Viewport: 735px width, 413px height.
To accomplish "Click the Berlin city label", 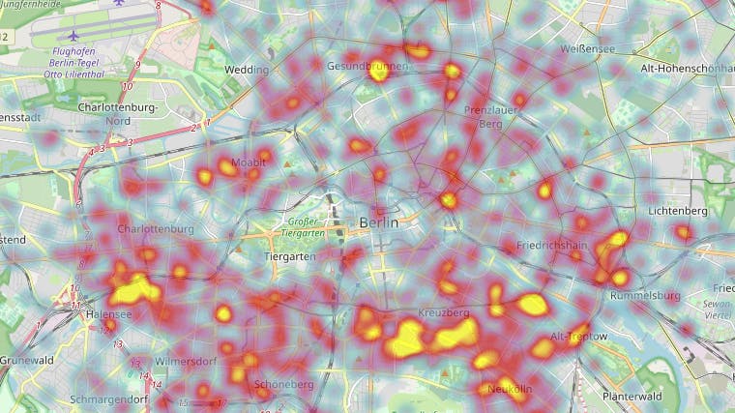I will tap(378, 222).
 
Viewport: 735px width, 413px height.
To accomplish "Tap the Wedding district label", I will tap(246, 71).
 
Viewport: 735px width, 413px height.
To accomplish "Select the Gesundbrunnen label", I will tap(367, 66).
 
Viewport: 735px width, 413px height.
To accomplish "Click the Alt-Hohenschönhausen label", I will tap(687, 69).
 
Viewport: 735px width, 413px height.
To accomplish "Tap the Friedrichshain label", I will tap(552, 247).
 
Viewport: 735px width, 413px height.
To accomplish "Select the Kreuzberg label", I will tap(444, 314).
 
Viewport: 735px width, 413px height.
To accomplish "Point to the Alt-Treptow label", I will tap(578, 337).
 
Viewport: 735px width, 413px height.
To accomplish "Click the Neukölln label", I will tap(510, 389).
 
